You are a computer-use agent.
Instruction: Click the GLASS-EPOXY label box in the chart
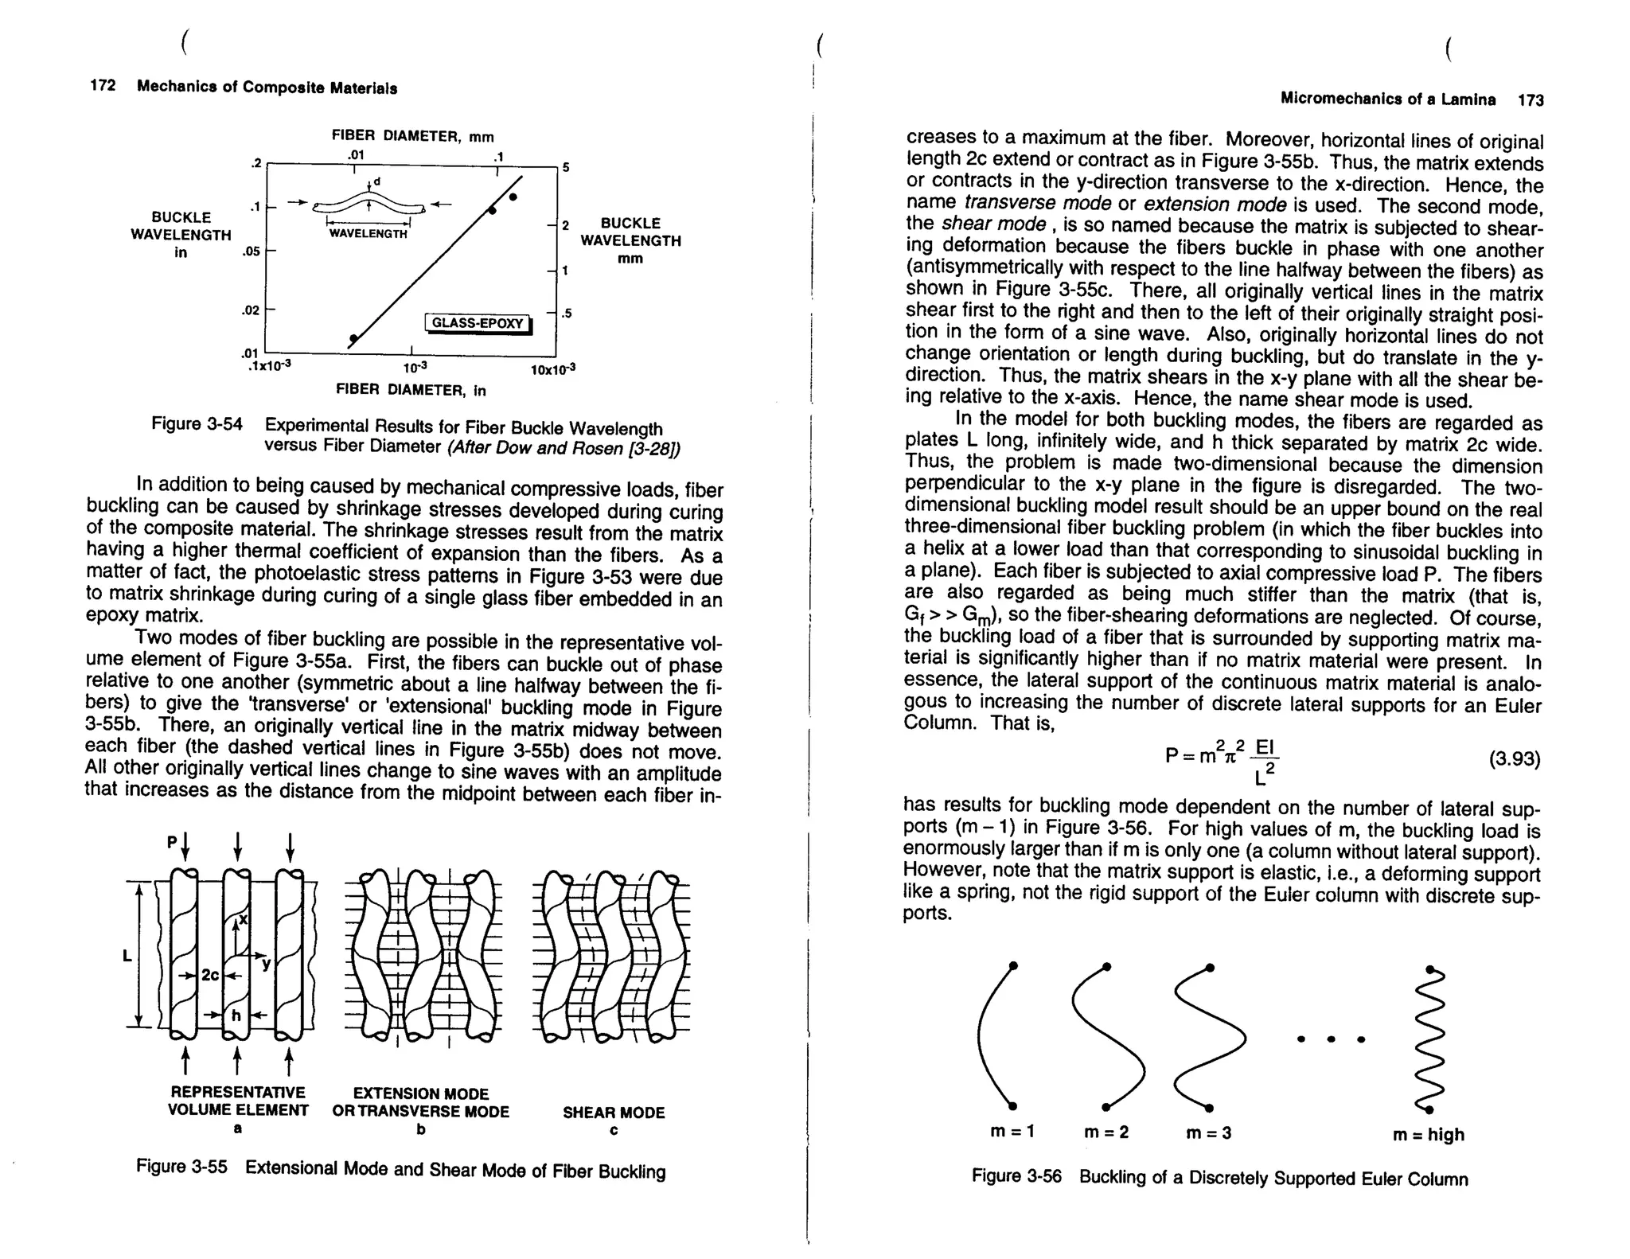pyautogui.click(x=478, y=323)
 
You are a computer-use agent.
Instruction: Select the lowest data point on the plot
pyautogui.click(x=353, y=339)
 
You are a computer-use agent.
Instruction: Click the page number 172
pyautogui.click(x=103, y=86)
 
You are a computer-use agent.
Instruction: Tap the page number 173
pyautogui.click(x=1530, y=100)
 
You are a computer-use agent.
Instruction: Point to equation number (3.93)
pyautogui.click(x=1514, y=758)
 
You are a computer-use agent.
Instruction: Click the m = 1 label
pyautogui.click(x=1012, y=1131)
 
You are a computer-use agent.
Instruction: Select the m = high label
pyautogui.click(x=1428, y=1135)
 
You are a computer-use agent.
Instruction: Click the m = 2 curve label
pyautogui.click(x=1106, y=1132)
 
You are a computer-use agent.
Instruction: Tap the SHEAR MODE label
pyautogui.click(x=614, y=1113)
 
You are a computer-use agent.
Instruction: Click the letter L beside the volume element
pyautogui.click(x=127, y=956)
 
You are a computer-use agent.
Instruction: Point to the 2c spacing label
pyautogui.click(x=209, y=975)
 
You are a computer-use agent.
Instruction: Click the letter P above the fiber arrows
pyautogui.click(x=171, y=842)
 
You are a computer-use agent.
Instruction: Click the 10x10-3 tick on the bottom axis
pyautogui.click(x=552, y=370)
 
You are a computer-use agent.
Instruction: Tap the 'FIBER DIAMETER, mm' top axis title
pyautogui.click(x=412, y=136)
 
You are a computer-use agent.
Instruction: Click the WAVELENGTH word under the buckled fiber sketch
pyautogui.click(x=368, y=234)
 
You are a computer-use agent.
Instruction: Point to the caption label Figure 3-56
pyautogui.click(x=1016, y=1176)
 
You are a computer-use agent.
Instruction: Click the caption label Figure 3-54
pyautogui.click(x=197, y=424)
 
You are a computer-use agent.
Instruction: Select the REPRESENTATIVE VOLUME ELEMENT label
pyautogui.click(x=237, y=1101)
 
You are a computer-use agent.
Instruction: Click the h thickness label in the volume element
pyautogui.click(x=236, y=1015)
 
